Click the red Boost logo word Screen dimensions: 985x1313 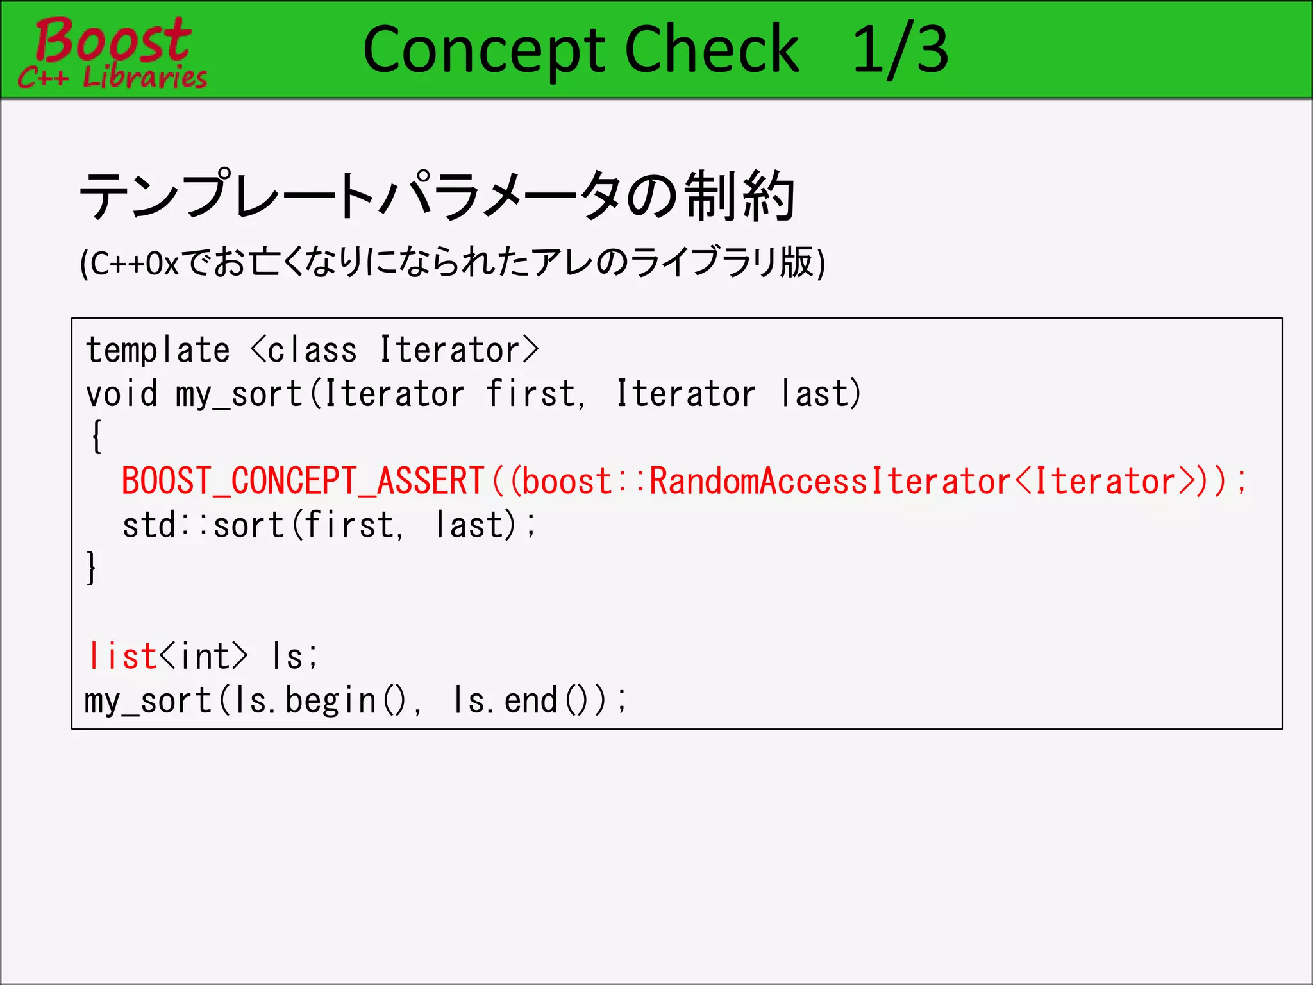coord(113,40)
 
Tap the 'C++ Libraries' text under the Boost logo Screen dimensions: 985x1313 coord(113,78)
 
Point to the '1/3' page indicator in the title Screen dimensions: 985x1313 coord(900,50)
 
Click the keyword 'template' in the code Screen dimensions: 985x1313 coord(158,351)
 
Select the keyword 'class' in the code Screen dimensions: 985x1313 coord(312,351)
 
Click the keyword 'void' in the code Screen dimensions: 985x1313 coord(122,394)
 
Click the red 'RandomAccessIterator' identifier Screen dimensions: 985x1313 coord(830,481)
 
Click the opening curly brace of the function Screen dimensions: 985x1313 coord(96,437)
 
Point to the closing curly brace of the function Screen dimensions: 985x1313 coord(92,568)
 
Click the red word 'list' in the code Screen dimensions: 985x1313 coord(122,656)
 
